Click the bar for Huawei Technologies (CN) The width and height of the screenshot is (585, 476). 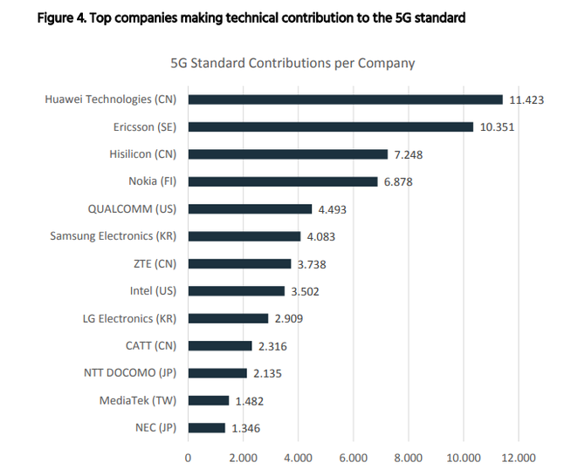point(346,99)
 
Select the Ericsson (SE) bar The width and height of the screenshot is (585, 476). point(331,127)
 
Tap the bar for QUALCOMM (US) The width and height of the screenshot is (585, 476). point(250,209)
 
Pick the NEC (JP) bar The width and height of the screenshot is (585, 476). point(207,428)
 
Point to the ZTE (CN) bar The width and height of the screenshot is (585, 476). point(239,263)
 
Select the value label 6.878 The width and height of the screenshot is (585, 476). point(400,181)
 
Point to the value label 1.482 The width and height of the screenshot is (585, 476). point(248,401)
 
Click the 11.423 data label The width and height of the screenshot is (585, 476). point(526,99)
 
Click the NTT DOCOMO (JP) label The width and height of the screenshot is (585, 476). point(130,373)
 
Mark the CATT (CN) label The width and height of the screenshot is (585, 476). point(151,345)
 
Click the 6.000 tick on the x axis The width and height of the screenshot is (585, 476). point(353,458)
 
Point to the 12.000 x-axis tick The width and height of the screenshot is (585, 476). point(518,458)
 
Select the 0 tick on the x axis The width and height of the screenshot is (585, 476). point(188,458)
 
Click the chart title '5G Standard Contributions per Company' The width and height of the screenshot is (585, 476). point(292,64)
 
